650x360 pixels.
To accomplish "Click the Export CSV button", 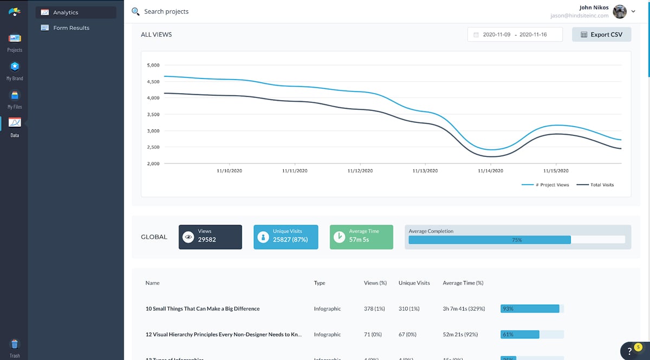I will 601,35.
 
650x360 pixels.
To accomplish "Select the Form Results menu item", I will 71,28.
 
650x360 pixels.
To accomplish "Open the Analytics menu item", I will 66,12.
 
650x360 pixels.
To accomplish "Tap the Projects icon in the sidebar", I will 15,38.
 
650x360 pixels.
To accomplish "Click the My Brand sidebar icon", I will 15,67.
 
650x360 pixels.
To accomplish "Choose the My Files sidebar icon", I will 15,95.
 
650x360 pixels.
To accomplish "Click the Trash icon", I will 15,344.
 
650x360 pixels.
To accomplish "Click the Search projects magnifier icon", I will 135,11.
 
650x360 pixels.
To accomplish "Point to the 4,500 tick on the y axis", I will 153,82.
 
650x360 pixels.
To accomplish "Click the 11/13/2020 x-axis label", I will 425,171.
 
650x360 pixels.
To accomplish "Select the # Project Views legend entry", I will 545,185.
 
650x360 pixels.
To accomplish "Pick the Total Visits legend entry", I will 595,185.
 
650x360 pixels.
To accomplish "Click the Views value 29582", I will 207,239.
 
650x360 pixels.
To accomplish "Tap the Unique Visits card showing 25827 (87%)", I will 286,237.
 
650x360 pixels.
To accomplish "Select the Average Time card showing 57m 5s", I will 362,237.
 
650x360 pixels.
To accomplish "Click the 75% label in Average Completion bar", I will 517,240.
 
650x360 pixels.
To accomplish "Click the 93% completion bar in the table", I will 530,309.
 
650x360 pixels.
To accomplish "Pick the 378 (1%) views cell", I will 374,309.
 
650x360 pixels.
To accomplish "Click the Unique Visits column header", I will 414,283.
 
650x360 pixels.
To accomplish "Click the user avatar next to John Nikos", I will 620,11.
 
